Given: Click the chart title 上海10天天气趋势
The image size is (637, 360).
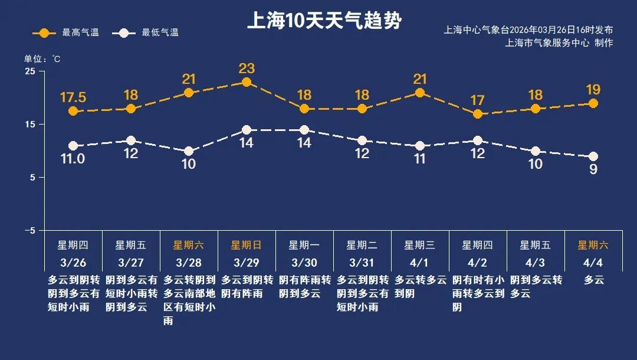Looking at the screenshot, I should coord(324,21).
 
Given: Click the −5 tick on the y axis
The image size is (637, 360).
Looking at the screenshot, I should coord(29,230).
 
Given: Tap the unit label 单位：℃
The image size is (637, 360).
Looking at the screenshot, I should coord(42,59).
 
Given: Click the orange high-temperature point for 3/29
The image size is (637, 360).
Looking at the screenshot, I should coord(247,82).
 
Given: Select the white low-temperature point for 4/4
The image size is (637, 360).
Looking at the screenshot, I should coord(593,156).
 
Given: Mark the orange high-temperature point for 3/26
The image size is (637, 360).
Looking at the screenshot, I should coord(73,111).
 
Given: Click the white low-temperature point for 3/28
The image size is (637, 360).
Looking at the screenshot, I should coord(189,151).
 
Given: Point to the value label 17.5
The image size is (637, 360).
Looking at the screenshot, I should coord(73,97).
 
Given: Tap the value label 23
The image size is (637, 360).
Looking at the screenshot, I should coord(247,68).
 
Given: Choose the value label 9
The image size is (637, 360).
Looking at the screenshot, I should coord(593,169).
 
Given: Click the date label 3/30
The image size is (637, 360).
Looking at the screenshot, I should coord(304,262).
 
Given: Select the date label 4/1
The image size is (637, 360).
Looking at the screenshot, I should coord(420,262).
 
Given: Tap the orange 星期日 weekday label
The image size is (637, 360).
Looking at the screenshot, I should coord(247,245).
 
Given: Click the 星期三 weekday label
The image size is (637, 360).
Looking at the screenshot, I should coord(420,245).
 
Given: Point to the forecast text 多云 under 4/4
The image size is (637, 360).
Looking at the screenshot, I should coord(593,280).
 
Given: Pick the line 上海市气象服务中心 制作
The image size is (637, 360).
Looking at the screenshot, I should coord(559,42).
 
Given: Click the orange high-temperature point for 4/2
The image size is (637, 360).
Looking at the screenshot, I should coord(478,114).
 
